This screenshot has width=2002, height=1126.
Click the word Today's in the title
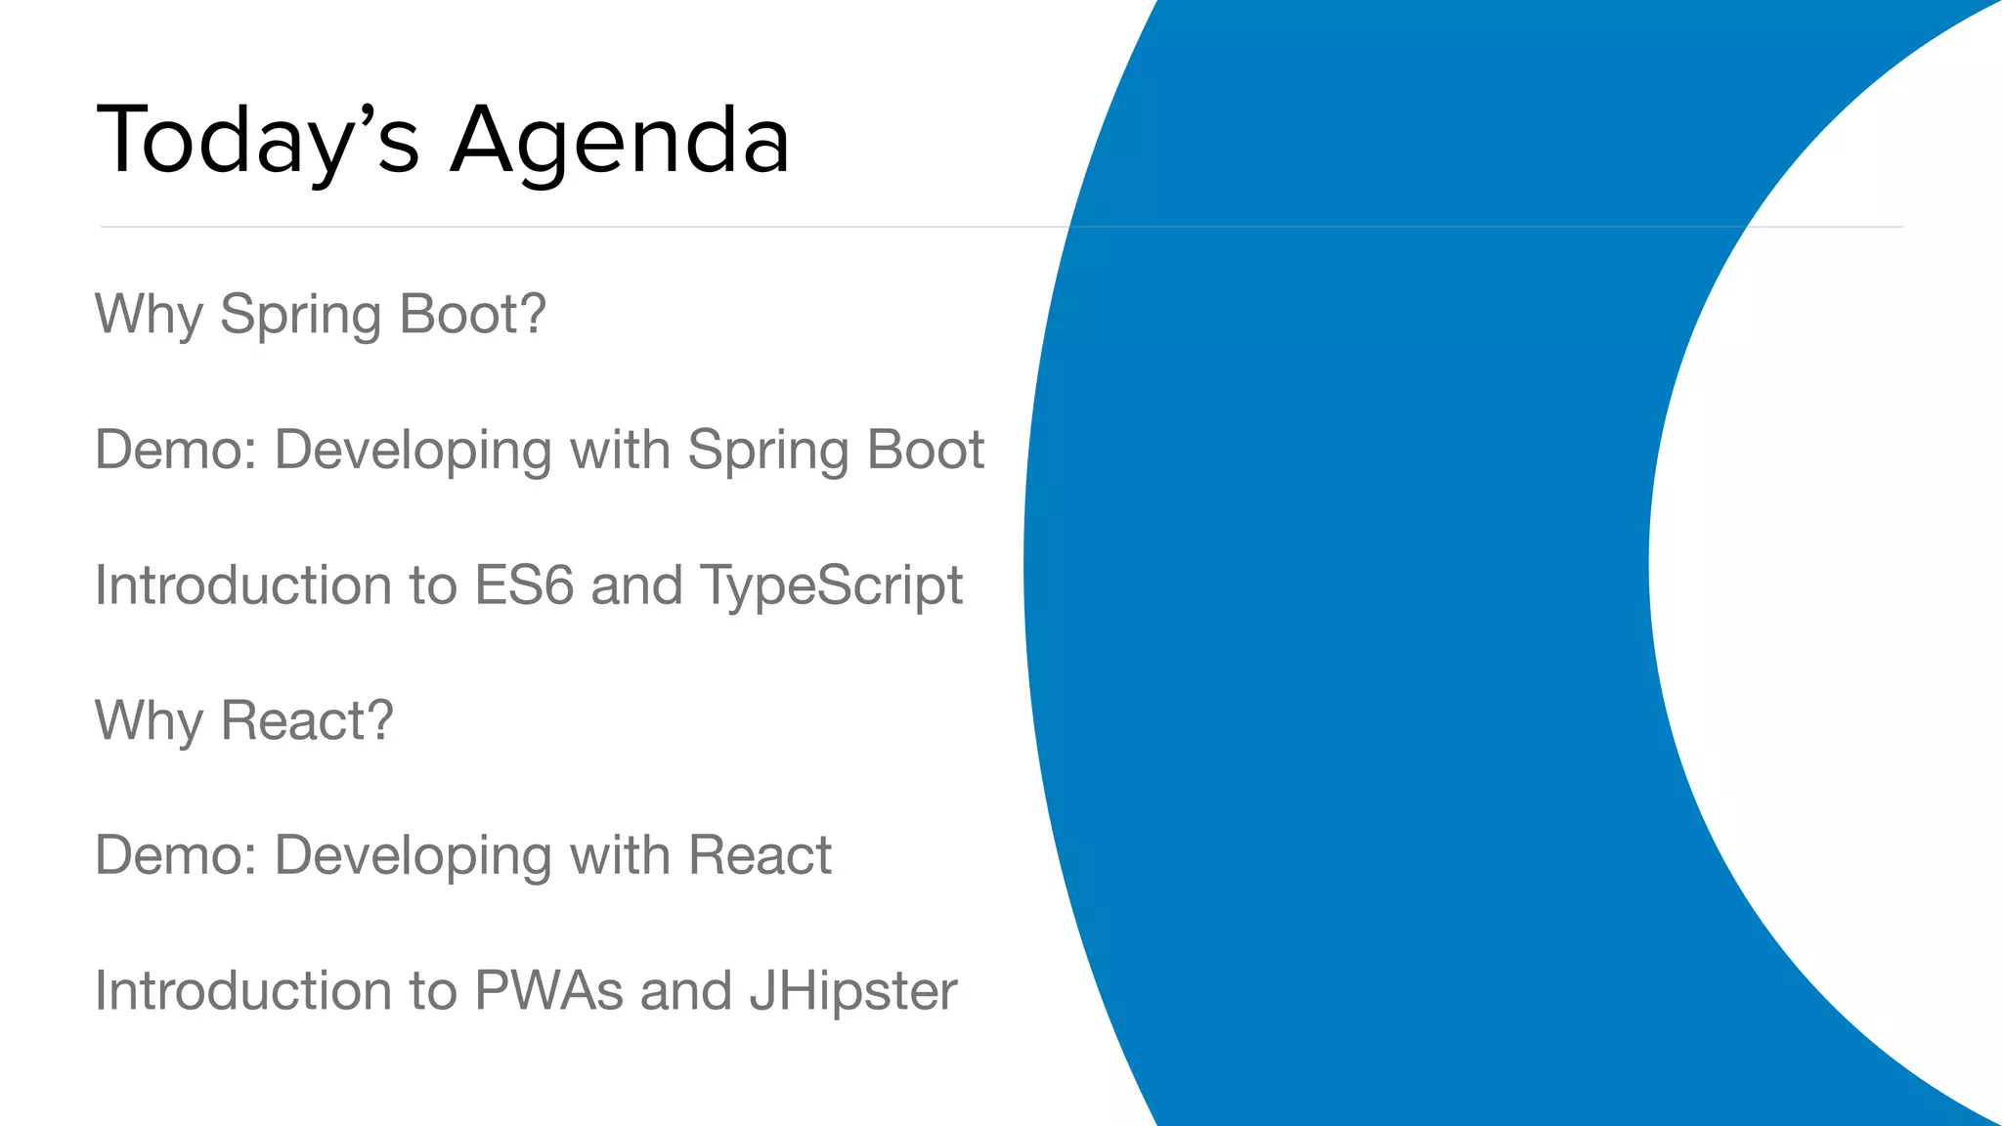pos(258,141)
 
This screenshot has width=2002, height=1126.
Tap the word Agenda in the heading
pos(620,141)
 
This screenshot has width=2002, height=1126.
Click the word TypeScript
pos(832,586)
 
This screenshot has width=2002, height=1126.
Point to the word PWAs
pos(548,990)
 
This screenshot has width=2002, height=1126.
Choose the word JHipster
pos(853,992)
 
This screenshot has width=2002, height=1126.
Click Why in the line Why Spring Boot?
pos(149,315)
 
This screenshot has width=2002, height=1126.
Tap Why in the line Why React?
pos(149,721)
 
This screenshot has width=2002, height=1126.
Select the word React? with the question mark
pos(307,720)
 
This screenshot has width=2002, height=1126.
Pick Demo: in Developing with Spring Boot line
pos(175,450)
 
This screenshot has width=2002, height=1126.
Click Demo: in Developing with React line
pos(175,855)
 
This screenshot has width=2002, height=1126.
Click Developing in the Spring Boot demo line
pos(413,452)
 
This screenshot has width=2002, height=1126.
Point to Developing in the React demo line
pos(413,857)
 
